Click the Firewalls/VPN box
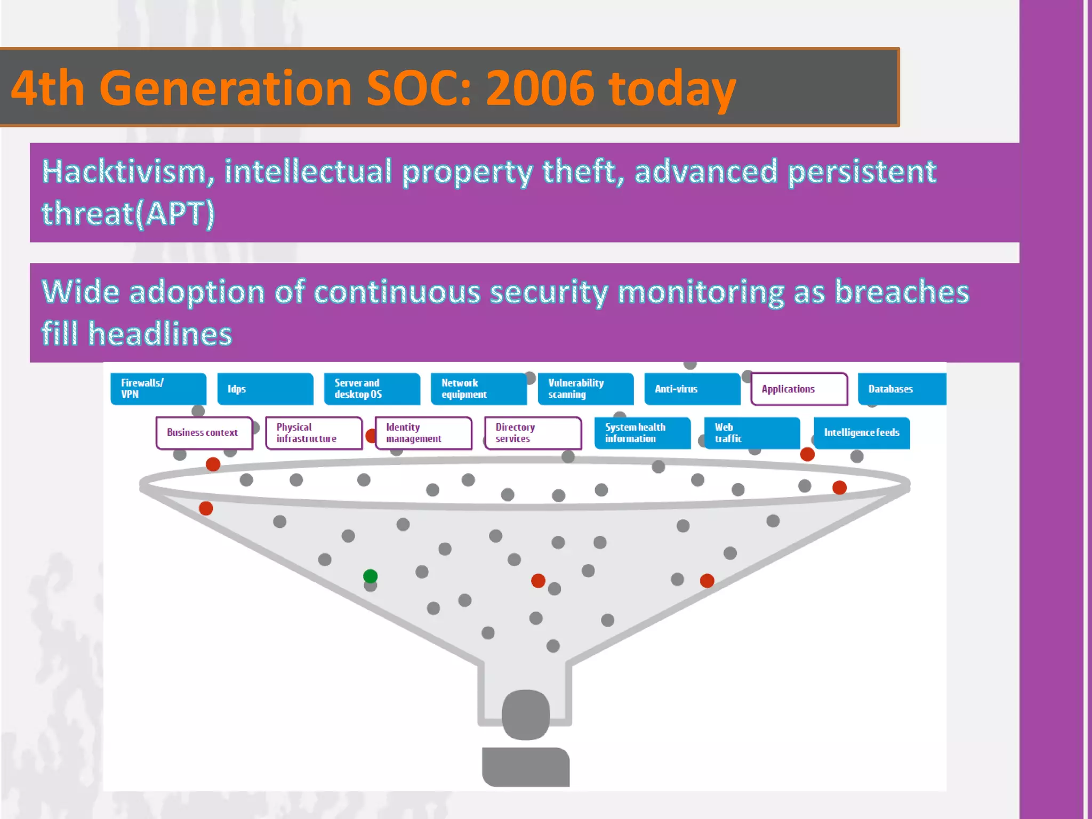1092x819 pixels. [158, 389]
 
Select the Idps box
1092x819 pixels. [265, 389]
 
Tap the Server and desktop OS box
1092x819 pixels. [372, 389]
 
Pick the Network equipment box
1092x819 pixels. [478, 389]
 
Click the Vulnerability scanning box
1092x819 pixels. [585, 389]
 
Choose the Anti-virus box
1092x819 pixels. [692, 389]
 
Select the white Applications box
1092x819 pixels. [799, 389]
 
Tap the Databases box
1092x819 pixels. [901, 389]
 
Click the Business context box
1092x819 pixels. [204, 432]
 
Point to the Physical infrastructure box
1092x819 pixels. [314, 432]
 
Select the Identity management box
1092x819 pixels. [423, 432]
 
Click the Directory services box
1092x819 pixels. [533, 432]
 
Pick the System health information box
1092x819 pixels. [642, 432]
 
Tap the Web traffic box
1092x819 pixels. [751, 432]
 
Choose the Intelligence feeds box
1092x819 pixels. [861, 432]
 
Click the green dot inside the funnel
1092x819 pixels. [370, 576]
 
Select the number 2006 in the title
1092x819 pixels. [540, 88]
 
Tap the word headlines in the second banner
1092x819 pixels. [160, 334]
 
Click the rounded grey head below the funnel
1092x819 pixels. [526, 714]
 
